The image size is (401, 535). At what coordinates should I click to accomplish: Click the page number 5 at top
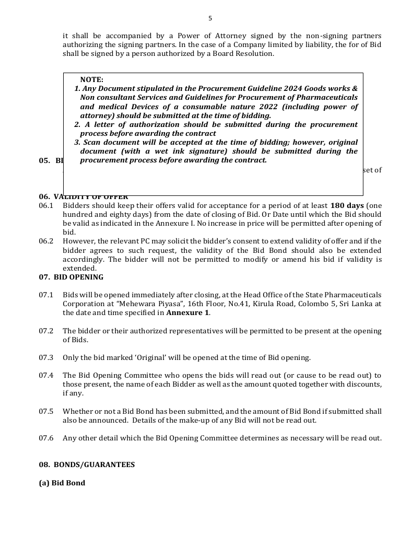click(210, 18)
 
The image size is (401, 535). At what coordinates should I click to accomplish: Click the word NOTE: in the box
click(92, 79)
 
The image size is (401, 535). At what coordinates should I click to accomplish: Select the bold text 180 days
click(347, 205)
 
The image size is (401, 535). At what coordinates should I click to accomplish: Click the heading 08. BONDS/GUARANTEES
click(87, 465)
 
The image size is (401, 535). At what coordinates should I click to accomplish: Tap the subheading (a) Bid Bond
click(62, 483)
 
